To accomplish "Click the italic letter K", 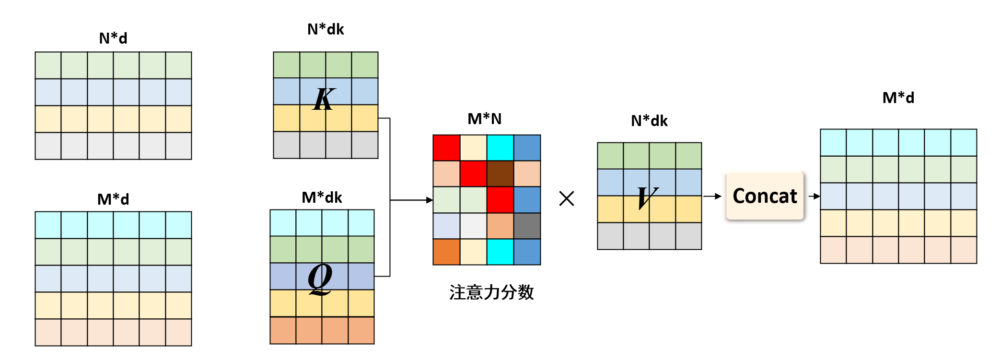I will (324, 99).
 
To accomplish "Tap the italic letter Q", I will (320, 279).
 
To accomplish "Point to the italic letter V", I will (648, 197).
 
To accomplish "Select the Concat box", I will (765, 196).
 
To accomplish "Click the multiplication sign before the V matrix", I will (567, 198).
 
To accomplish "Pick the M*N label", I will (485, 119).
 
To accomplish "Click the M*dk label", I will (322, 197).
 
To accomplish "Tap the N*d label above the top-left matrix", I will (113, 38).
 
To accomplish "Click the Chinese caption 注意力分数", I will (491, 292).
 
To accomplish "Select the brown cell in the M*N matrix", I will (500, 174).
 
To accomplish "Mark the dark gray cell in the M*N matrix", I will (527, 225).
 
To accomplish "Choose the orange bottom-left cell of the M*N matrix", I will (446, 252).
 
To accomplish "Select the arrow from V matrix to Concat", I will (712, 196).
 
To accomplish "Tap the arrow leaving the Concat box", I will (814, 196).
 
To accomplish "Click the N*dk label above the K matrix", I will (326, 29).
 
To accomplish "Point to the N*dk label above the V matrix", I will (649, 121).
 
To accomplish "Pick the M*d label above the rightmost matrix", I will (898, 98).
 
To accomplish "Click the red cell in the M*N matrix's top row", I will (446, 148).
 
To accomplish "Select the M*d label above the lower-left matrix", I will (113, 199).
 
